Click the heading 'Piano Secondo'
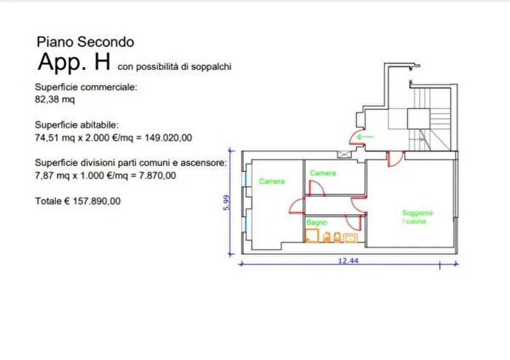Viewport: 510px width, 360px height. [85, 42]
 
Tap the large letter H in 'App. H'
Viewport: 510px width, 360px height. [102, 62]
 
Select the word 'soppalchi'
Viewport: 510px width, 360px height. [211, 66]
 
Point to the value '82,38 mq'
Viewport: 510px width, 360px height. [55, 99]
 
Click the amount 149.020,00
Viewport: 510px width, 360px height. [168, 138]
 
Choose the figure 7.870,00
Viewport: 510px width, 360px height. [157, 176]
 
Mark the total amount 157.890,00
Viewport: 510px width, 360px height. [96, 201]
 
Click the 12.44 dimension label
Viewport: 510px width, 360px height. [348, 260]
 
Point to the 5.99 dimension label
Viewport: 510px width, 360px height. [227, 203]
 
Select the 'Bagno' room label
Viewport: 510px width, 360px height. [316, 222]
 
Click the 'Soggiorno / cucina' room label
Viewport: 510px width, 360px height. [417, 217]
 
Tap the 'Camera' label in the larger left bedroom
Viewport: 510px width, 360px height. [272, 181]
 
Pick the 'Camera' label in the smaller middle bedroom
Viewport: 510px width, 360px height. [323, 173]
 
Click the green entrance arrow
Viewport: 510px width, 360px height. [365, 137]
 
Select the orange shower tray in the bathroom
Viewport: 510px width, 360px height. [312, 236]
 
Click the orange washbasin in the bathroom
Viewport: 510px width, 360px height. [350, 238]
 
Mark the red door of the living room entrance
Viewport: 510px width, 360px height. [395, 159]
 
